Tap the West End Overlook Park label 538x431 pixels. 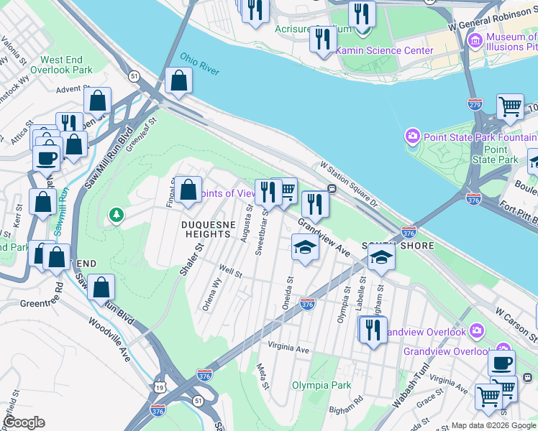coord(67,65)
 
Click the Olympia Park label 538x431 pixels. coord(322,385)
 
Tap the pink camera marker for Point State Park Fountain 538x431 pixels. coord(412,135)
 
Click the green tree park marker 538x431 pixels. coord(115,214)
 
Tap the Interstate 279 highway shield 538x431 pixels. coord(474,105)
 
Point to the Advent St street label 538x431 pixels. coord(71,90)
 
